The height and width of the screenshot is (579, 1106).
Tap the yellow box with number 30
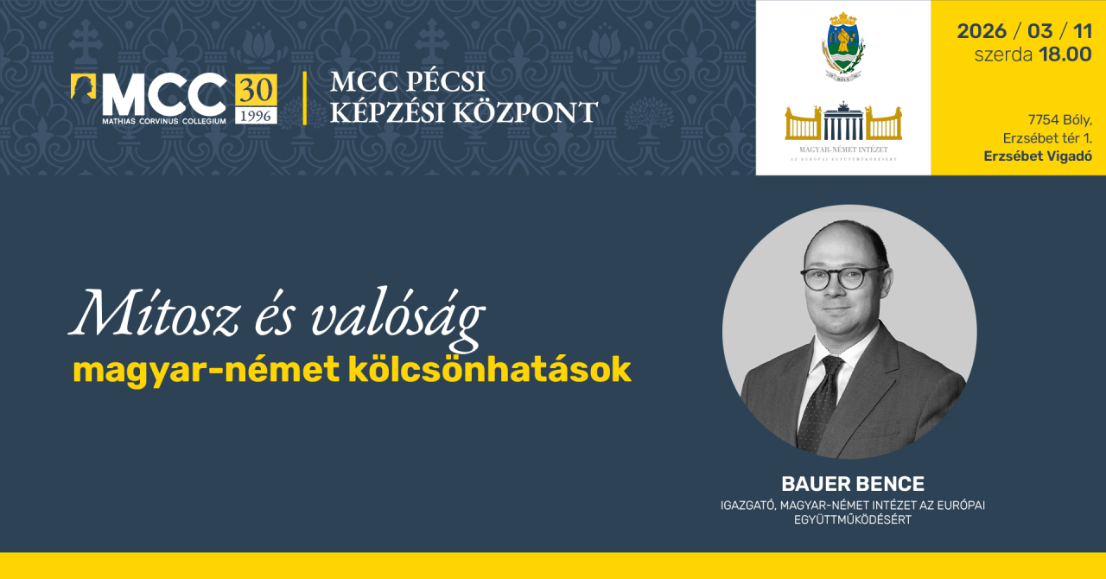pos(256,89)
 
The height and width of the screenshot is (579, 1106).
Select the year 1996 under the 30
pos(256,115)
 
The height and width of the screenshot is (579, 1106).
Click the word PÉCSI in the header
pos(443,82)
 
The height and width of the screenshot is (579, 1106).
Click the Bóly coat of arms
pos(843,45)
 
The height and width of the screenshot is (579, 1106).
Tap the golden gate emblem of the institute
pos(843,122)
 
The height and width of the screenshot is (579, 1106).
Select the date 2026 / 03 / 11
pos(1023,31)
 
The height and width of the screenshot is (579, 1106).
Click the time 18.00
pos(1065,54)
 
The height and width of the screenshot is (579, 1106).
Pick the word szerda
pos(1002,54)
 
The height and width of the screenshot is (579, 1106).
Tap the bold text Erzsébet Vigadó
pos(1038,156)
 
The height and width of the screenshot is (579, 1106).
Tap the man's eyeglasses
pos(842,278)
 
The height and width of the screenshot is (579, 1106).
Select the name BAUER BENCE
pos(853,484)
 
